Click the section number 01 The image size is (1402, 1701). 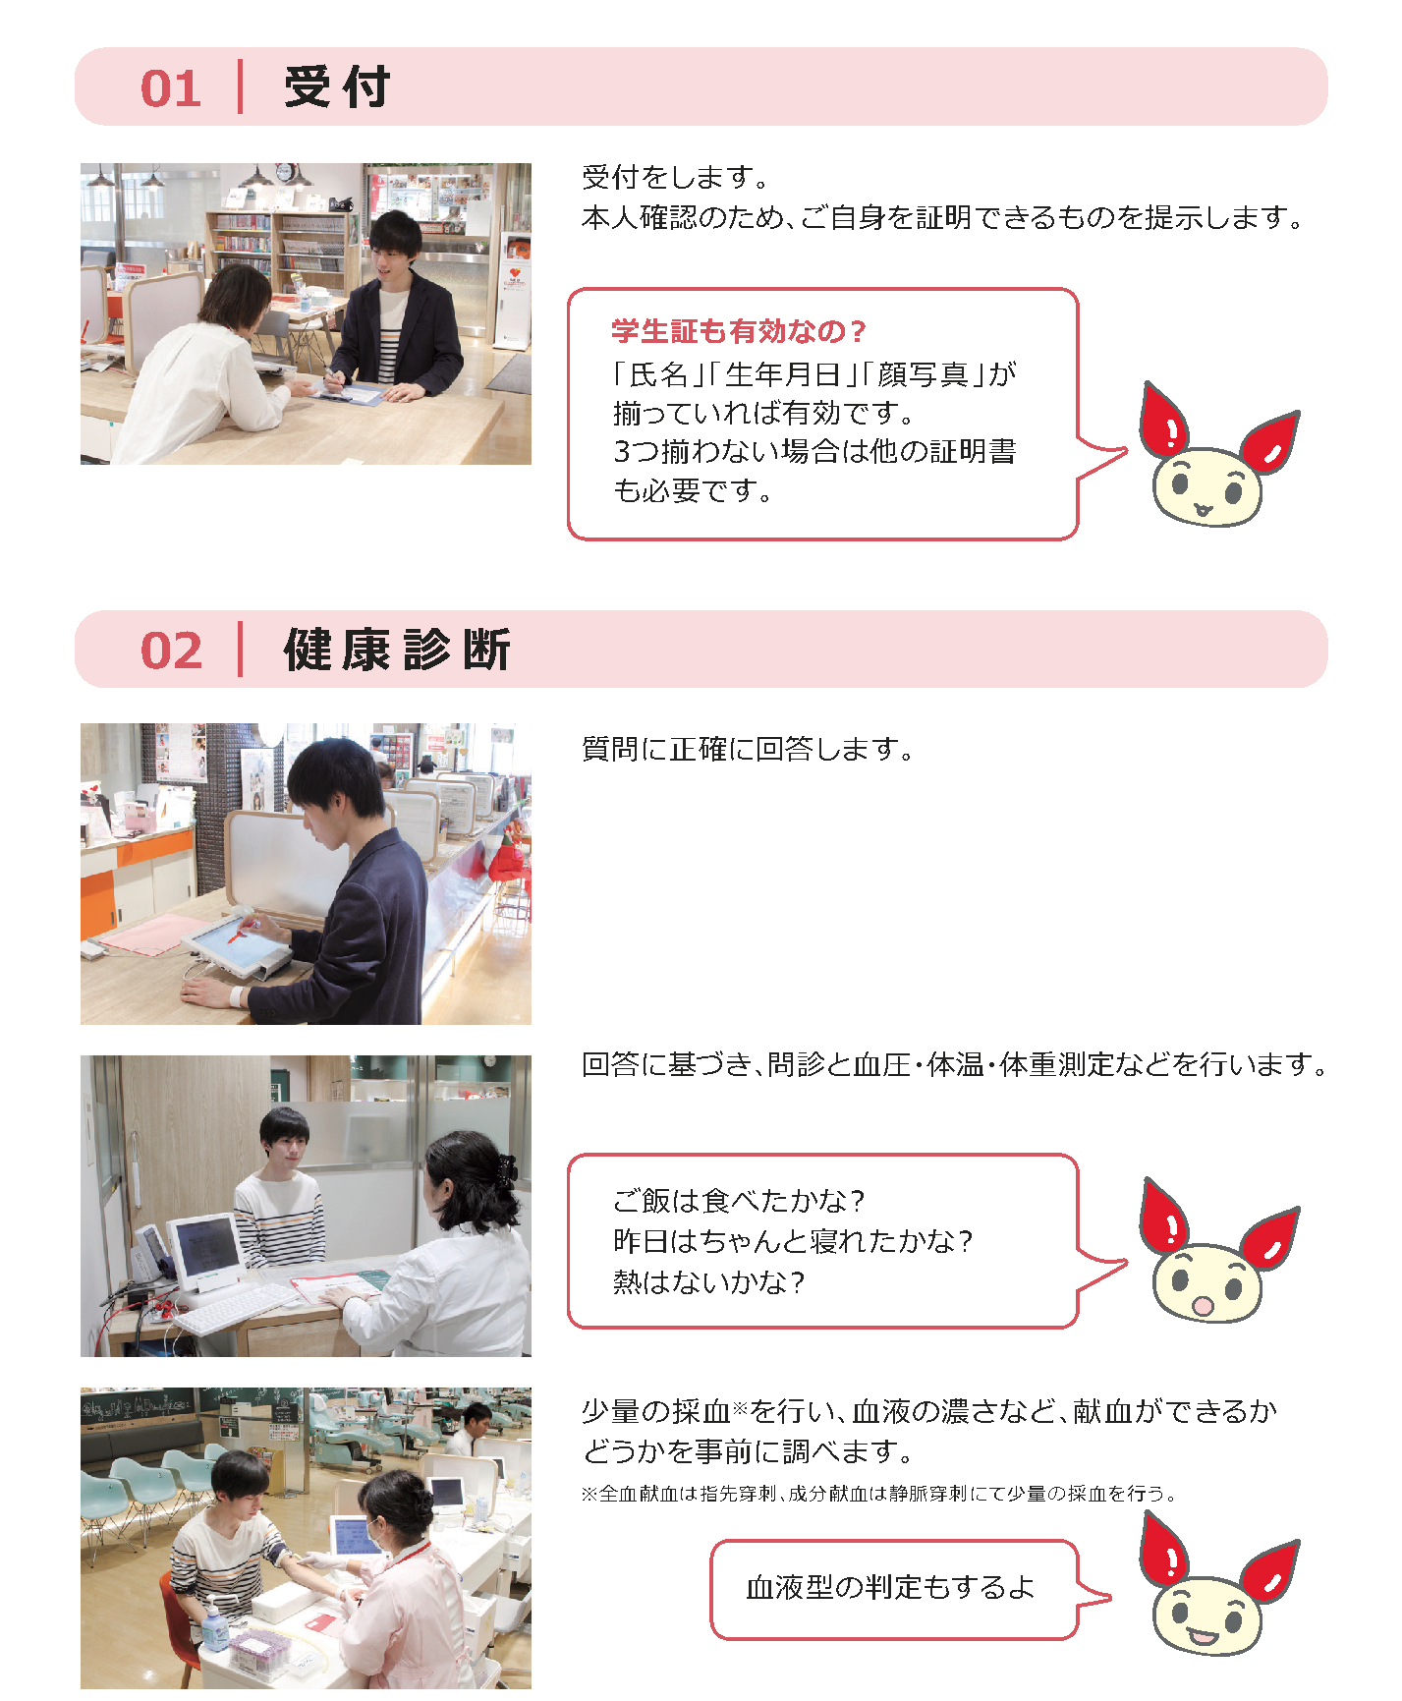[171, 88]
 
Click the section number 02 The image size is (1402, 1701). [172, 651]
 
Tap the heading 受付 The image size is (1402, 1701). [337, 86]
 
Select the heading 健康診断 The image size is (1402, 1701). [397, 650]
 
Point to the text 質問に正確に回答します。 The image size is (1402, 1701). [748, 750]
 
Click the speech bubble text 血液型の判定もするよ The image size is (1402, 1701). [890, 1587]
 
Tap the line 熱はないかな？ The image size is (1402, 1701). [708, 1282]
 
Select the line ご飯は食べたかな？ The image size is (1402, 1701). [739, 1201]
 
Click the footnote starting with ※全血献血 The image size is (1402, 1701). [878, 1494]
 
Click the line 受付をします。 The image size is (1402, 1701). [676, 178]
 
